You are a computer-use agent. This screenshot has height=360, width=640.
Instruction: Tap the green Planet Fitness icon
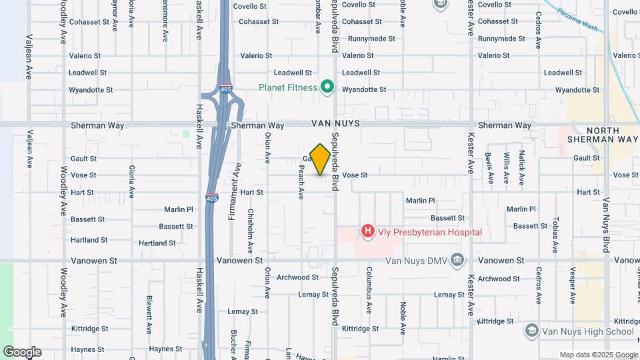tap(327, 86)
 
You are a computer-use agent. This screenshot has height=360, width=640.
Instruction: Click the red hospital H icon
tap(367, 232)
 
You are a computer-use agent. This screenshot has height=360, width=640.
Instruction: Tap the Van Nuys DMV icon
tap(457, 259)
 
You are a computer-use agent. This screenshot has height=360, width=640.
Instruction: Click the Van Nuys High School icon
tap(531, 330)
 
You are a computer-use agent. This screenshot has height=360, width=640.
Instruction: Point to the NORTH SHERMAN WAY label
tap(603, 135)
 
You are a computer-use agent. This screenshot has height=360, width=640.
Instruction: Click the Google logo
tap(22, 352)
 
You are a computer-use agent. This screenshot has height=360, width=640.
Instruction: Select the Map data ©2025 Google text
tap(599, 355)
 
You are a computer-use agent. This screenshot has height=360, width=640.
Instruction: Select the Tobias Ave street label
tap(554, 235)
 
